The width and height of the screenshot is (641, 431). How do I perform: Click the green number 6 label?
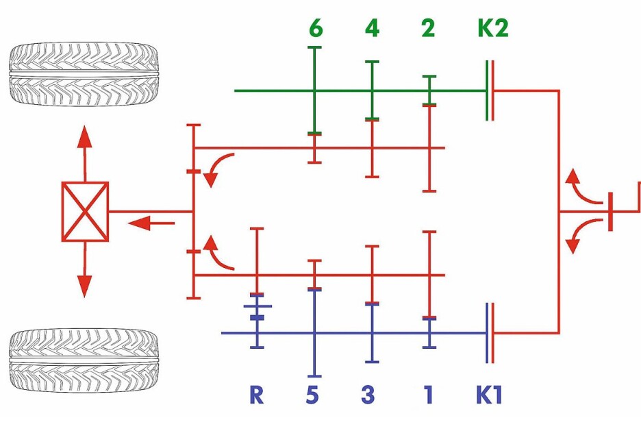click(316, 28)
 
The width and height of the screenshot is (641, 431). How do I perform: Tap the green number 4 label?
click(372, 28)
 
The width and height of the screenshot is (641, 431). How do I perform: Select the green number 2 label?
click(427, 28)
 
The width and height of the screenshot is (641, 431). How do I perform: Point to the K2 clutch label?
click(493, 28)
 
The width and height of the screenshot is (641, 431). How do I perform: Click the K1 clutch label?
click(489, 395)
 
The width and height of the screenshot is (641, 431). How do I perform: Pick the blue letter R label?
click(256, 395)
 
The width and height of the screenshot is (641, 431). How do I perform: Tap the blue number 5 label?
click(312, 395)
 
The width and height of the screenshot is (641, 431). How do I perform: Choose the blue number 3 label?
click(368, 395)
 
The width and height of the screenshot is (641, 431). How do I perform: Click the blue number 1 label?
click(427, 395)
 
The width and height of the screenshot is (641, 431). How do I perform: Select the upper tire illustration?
click(84, 74)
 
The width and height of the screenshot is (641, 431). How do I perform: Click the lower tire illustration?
click(84, 360)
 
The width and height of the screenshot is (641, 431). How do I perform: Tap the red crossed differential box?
click(85, 212)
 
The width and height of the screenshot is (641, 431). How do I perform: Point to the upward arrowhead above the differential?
click(85, 136)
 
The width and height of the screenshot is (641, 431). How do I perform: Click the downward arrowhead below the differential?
click(85, 286)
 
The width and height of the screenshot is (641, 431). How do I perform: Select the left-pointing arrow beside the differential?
click(151, 223)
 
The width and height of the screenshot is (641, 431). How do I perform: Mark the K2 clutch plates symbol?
click(490, 90)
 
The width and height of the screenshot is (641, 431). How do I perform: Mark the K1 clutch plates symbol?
click(490, 333)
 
